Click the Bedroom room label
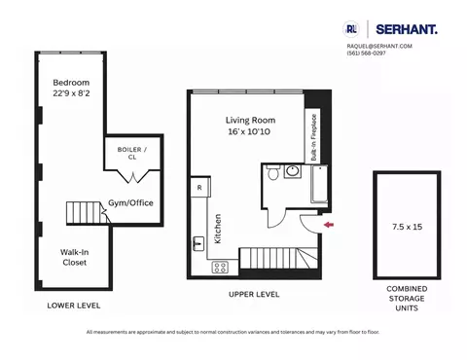[70, 83]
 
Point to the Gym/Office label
[129, 203]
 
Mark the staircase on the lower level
[85, 212]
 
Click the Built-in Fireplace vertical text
[313, 140]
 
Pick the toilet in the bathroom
[297, 174]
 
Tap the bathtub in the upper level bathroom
[321, 184]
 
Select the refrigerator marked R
[198, 186]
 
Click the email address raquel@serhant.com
[379, 46]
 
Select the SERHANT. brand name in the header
[406, 30]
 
